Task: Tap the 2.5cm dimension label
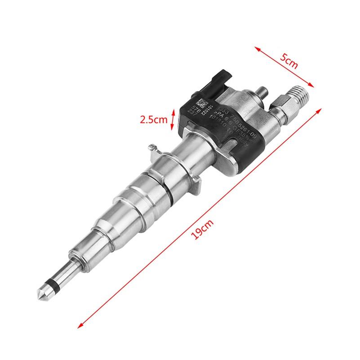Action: coord(153,120)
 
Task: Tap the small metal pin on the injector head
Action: coord(262,92)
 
